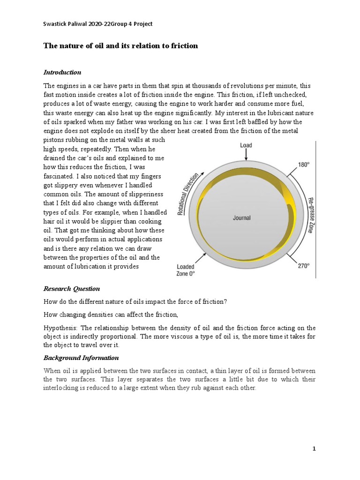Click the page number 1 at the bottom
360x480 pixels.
pyautogui.click(x=315, y=449)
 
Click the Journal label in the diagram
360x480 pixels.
pyautogui.click(x=242, y=217)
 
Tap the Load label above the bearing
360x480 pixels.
pyautogui.click(x=246, y=145)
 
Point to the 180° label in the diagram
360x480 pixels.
pyautogui.click(x=304, y=165)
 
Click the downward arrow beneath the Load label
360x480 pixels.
pyautogui.click(x=246, y=154)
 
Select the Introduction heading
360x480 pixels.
pyautogui.click(x=62, y=72)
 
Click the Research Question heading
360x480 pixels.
pyautogui.click(x=72, y=289)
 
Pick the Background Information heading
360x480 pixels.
pyautogui.click(x=81, y=358)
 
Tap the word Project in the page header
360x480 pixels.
pyautogui.click(x=142, y=24)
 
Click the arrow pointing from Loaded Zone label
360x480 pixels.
pyautogui.click(x=202, y=256)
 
